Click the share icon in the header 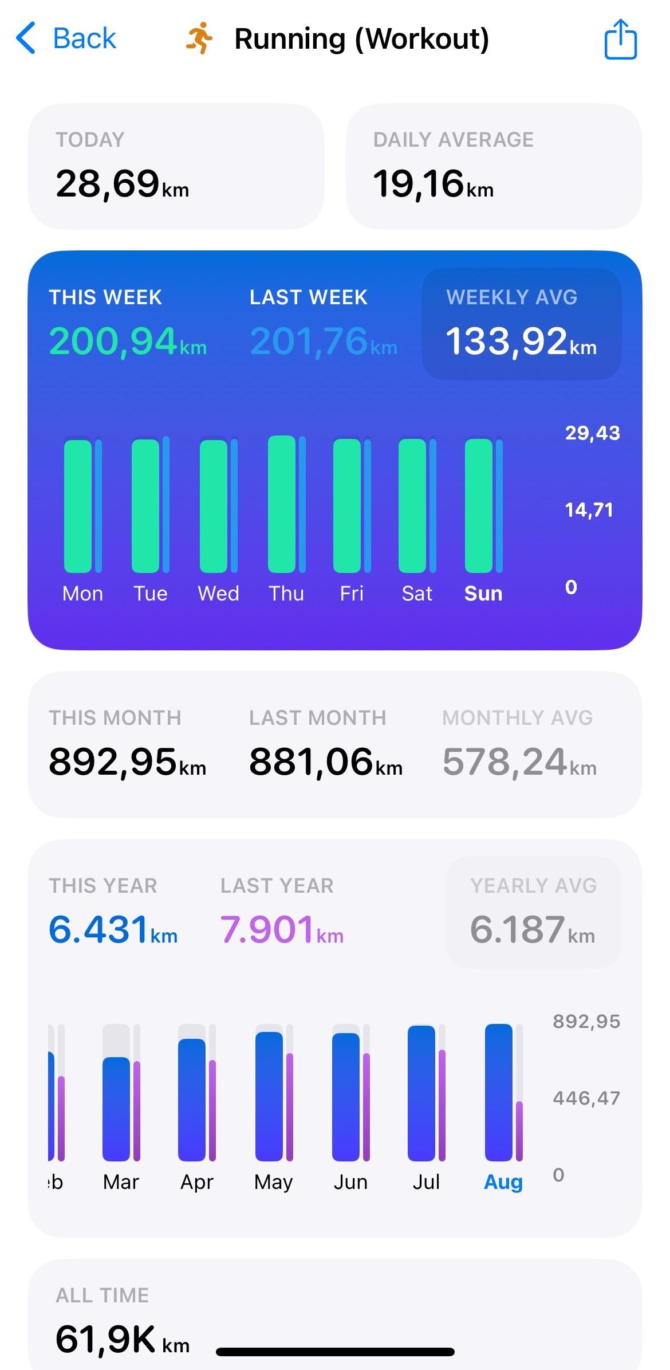[621, 39]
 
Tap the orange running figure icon [199, 38]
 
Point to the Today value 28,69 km [122, 185]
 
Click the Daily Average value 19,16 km [433, 185]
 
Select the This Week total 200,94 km [128, 341]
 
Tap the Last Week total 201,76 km [323, 341]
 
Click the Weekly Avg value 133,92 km [521, 341]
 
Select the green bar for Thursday [282, 504]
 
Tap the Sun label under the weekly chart [483, 594]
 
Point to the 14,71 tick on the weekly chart [589, 510]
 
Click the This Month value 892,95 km [127, 763]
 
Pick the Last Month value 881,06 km [325, 763]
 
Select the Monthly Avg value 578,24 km [519, 763]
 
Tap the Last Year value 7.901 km [282, 929]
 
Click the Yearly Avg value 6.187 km [532, 929]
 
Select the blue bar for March [116, 1108]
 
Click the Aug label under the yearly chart [503, 1181]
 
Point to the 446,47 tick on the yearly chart [586, 1098]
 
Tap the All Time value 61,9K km [122, 1340]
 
